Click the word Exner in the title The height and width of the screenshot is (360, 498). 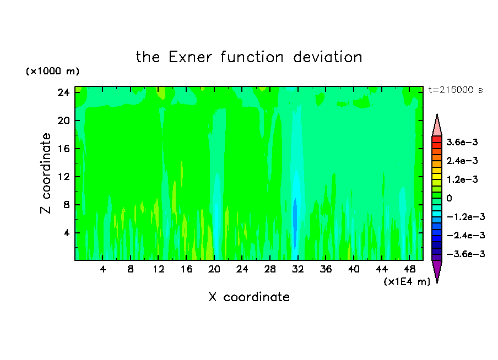click(x=190, y=57)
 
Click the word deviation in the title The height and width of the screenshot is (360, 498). click(x=327, y=57)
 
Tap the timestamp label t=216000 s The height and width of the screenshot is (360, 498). click(x=456, y=90)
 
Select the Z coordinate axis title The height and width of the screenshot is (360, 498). click(x=46, y=173)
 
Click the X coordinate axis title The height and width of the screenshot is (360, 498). click(x=249, y=297)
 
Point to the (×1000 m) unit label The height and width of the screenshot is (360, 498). click(x=52, y=71)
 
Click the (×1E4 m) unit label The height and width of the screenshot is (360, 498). click(x=407, y=281)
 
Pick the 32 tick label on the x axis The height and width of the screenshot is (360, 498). click(x=297, y=269)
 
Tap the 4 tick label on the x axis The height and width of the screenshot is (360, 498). click(x=102, y=269)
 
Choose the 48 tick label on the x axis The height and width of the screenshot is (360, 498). click(x=409, y=269)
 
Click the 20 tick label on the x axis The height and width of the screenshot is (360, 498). click(x=214, y=269)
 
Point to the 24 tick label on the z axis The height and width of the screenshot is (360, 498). click(x=63, y=92)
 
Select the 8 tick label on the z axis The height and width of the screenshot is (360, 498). click(x=66, y=205)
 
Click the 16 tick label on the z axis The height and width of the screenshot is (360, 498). click(x=63, y=149)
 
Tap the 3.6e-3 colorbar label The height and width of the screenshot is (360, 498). click(x=462, y=142)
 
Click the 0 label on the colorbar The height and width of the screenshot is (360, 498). click(x=449, y=198)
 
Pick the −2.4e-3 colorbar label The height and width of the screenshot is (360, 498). click(x=465, y=235)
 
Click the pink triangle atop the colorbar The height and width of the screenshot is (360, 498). click(x=437, y=125)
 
